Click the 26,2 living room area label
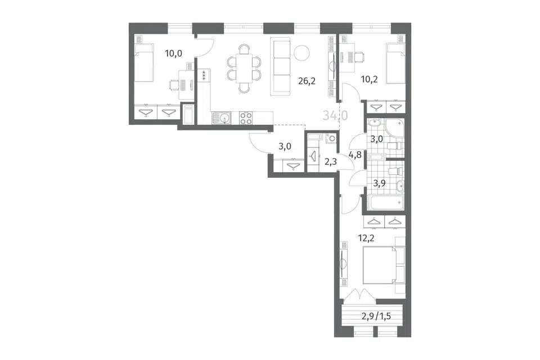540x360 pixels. click(307, 82)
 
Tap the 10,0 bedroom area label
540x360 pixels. click(173, 53)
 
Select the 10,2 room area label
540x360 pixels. click(369, 79)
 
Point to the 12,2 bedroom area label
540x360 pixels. click(366, 238)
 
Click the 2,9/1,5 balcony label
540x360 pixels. click(376, 316)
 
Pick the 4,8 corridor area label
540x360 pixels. click(355, 155)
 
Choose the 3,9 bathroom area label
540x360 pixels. click(379, 183)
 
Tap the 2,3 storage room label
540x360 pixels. click(331, 161)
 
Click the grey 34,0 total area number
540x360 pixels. click(335, 115)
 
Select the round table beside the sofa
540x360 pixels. click(301, 53)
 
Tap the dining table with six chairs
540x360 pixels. click(244, 68)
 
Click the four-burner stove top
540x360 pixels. click(246, 118)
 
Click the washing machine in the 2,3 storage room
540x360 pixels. click(331, 138)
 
